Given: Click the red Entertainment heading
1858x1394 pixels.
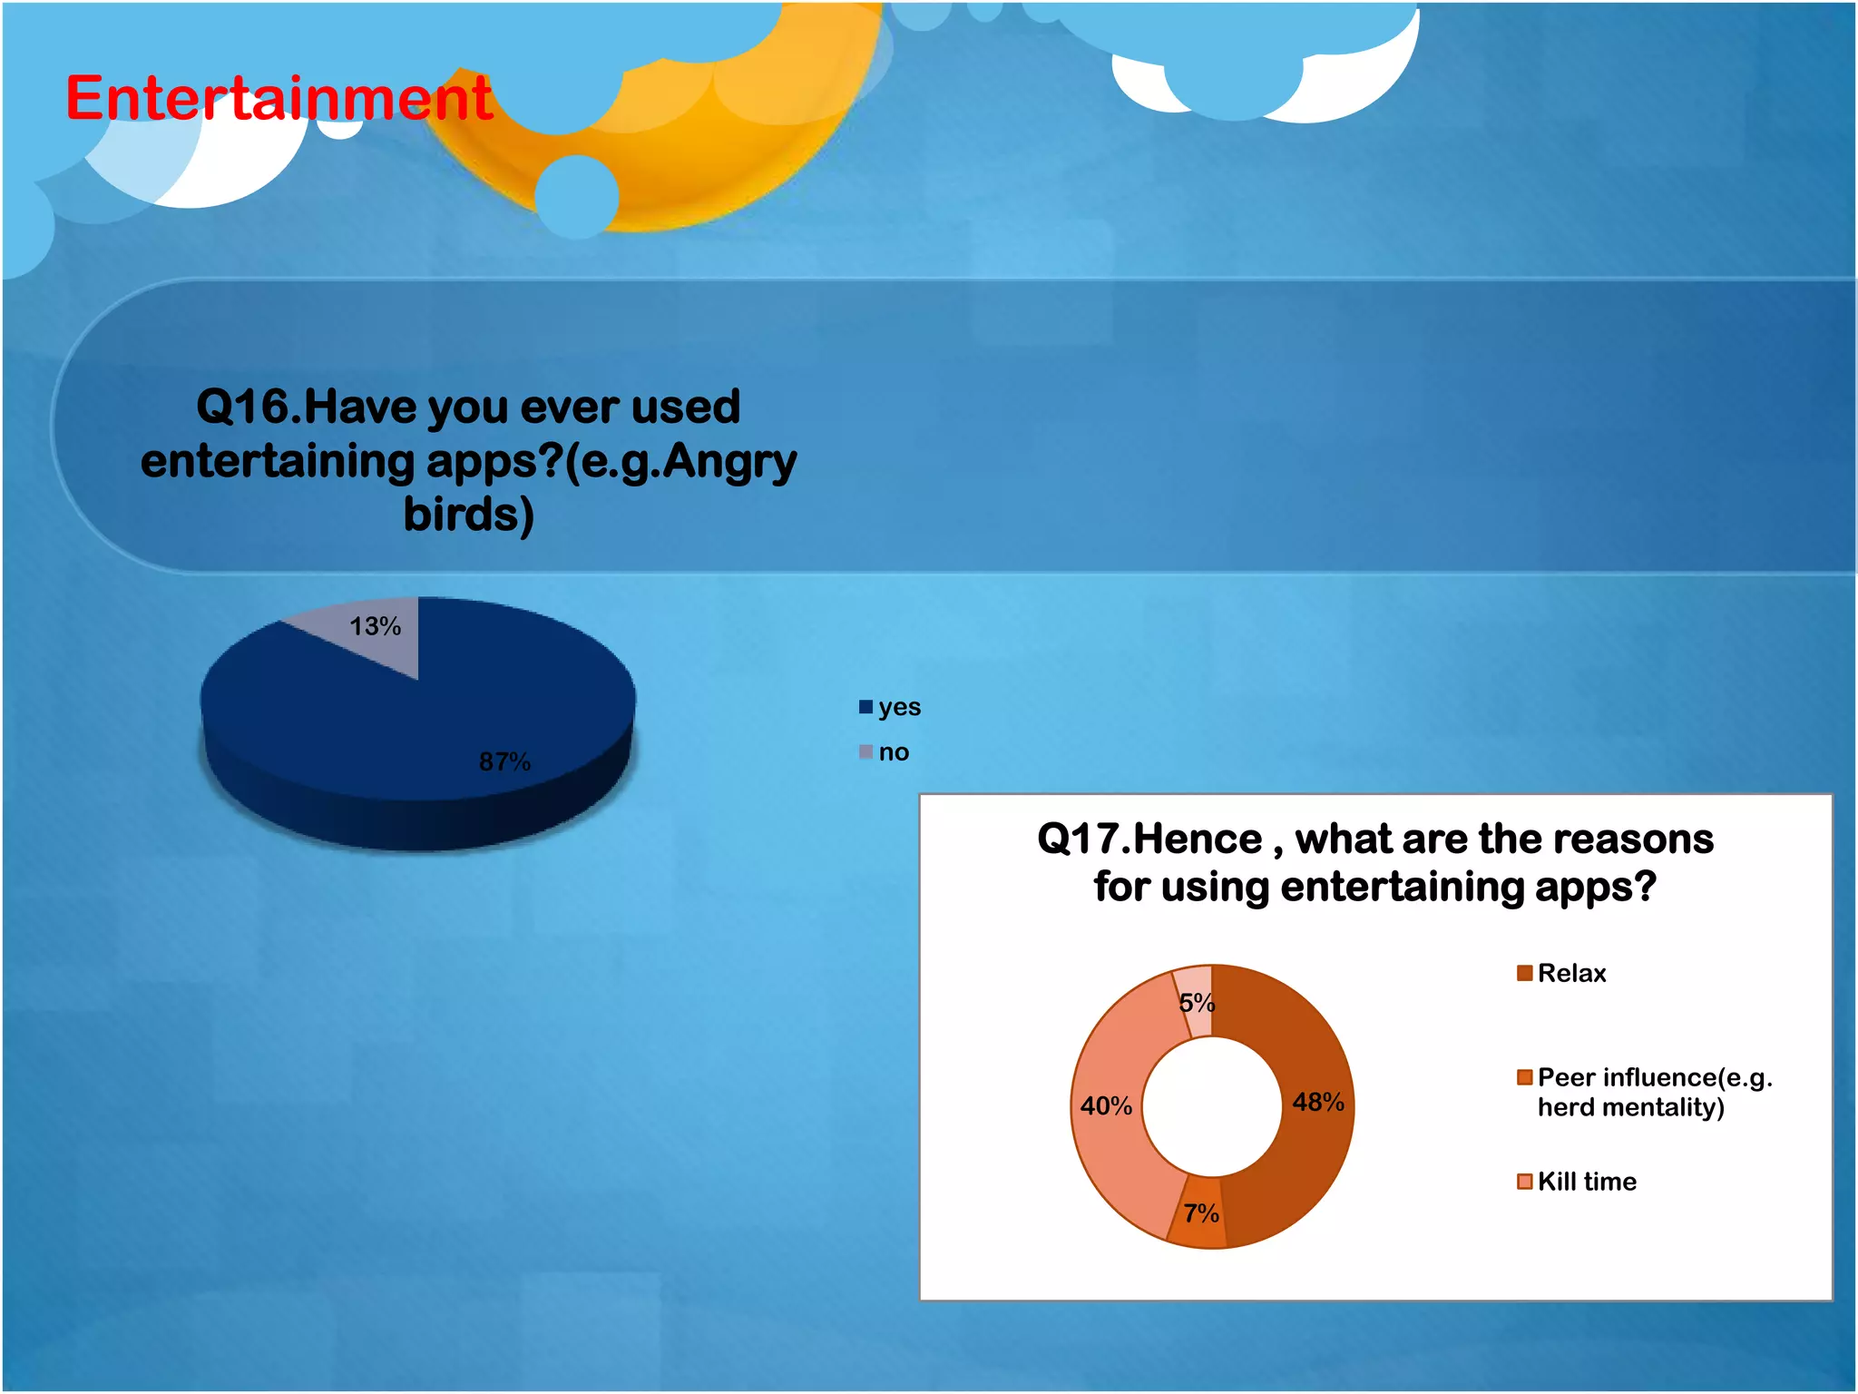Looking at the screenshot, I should [x=279, y=98].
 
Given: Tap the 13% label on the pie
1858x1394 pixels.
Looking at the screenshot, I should [x=375, y=626].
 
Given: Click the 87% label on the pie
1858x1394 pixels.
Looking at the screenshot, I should [x=504, y=761].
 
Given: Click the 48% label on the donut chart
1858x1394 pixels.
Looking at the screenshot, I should [x=1317, y=1102].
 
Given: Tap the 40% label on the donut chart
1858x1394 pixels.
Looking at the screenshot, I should [x=1106, y=1105].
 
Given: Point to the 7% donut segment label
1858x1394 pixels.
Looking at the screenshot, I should [x=1200, y=1212].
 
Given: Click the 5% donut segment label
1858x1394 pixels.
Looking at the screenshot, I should [x=1197, y=1002].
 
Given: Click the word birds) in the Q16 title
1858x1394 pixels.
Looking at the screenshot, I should [x=468, y=515].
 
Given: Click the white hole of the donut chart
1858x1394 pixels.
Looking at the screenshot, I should [x=1211, y=1106].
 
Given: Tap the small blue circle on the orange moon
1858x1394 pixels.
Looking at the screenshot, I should [x=576, y=197].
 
